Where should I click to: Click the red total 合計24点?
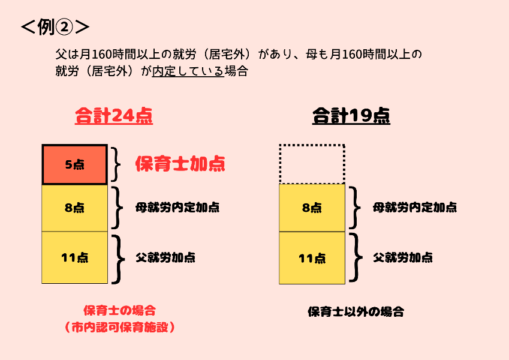[x=114, y=115]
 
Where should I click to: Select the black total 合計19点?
[x=351, y=115]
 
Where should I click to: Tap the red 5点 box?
[x=74, y=164]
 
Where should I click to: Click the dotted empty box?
[x=312, y=164]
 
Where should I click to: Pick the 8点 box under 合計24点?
[x=74, y=208]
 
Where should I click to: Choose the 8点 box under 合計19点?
[x=312, y=208]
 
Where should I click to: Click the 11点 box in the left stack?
[x=74, y=257]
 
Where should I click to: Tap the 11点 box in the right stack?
[x=312, y=257]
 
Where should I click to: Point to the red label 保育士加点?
[x=180, y=164]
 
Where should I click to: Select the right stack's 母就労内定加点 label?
[x=415, y=208]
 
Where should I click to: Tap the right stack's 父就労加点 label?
[x=403, y=257]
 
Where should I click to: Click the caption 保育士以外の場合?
[x=356, y=312]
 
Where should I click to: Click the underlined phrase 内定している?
[x=188, y=71]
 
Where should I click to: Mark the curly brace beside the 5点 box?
[x=117, y=164]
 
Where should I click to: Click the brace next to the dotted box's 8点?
[x=355, y=208]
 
